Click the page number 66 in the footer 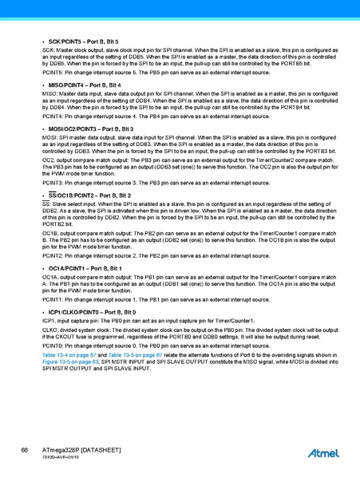pyautogui.click(x=25, y=450)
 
